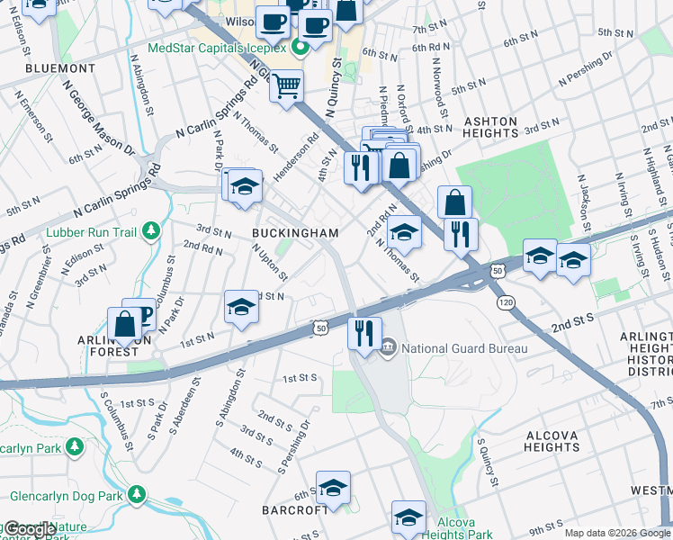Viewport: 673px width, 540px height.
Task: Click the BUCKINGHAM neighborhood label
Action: pyautogui.click(x=295, y=233)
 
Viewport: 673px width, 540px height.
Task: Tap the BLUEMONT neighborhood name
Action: pyautogui.click(x=60, y=68)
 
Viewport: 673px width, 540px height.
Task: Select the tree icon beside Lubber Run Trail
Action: pyautogui.click(x=150, y=232)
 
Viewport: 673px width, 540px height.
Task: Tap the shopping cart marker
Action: pyautogui.click(x=287, y=86)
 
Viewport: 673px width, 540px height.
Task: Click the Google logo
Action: pyautogui.click(x=30, y=529)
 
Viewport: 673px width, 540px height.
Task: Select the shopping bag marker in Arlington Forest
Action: pyautogui.click(x=125, y=324)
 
